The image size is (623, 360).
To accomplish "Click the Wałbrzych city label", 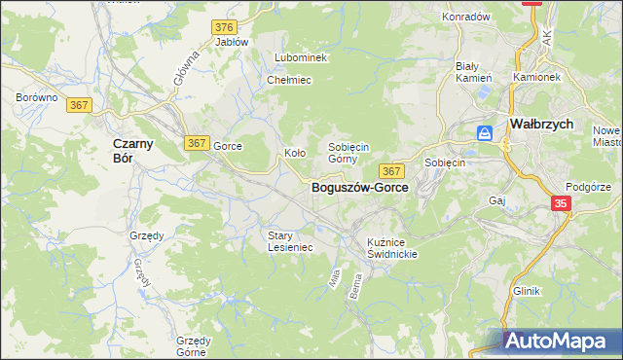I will click(541, 125).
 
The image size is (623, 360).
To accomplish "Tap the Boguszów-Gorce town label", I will click(359, 188).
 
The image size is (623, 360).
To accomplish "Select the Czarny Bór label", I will click(124, 150).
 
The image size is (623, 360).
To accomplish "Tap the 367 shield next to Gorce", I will click(197, 143).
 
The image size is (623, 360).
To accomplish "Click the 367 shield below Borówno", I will click(81, 105).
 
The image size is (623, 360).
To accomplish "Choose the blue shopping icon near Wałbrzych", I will click(484, 133).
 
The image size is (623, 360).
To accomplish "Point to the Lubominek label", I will click(301, 57).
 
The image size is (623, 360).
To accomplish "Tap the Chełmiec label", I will click(289, 80).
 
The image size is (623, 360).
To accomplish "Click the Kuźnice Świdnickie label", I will click(392, 247).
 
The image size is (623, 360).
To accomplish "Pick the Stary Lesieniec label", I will click(290, 240).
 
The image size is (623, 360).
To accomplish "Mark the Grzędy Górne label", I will click(194, 345).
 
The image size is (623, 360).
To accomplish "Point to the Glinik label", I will click(526, 291).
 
